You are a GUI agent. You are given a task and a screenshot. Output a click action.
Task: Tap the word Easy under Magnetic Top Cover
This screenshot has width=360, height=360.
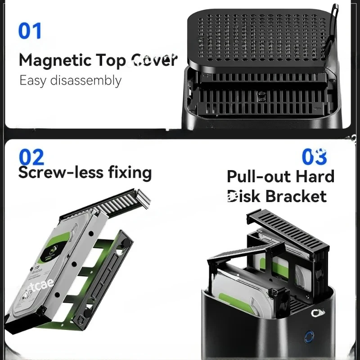33,81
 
